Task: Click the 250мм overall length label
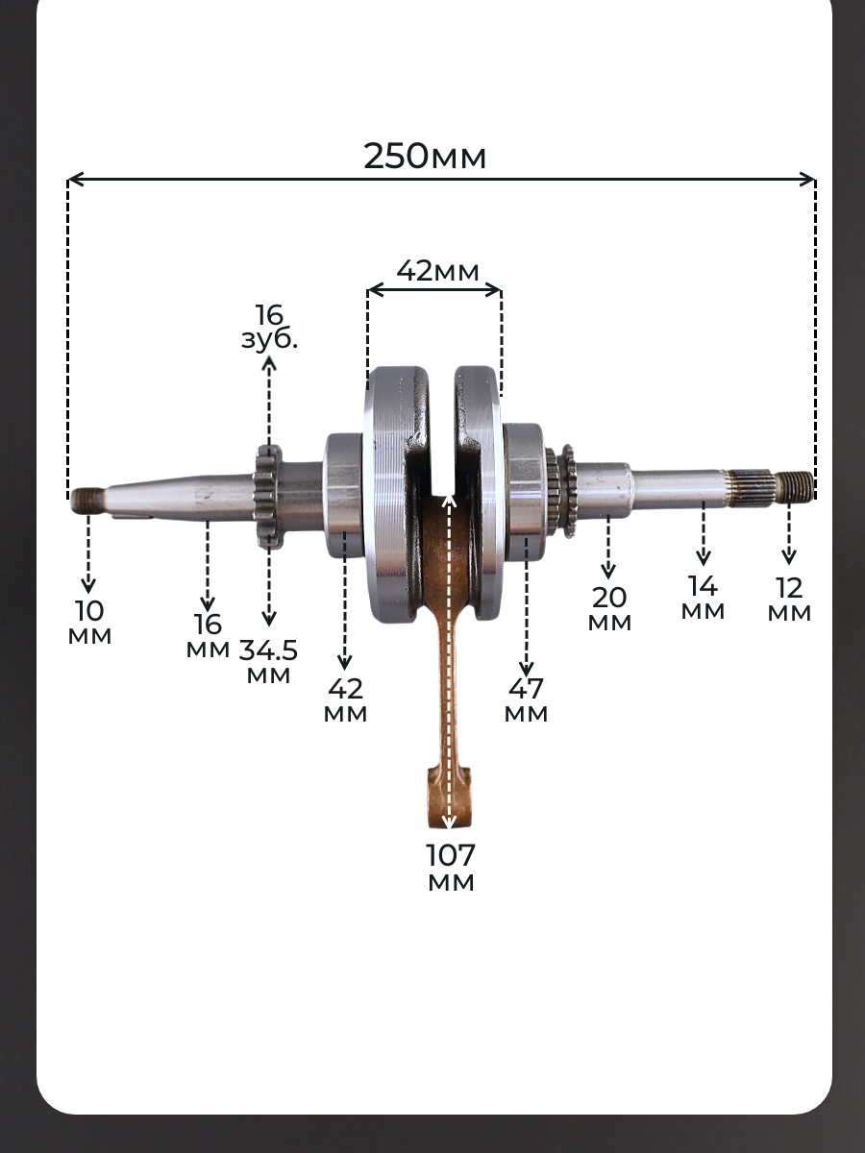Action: click(425, 156)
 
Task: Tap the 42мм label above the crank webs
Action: click(437, 271)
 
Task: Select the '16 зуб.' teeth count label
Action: click(269, 327)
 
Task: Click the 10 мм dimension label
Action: click(89, 623)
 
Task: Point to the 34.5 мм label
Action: click(268, 661)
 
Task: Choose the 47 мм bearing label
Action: click(526, 700)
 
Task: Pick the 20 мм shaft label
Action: click(609, 609)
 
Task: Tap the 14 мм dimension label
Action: click(703, 598)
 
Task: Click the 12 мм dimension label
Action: click(789, 600)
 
